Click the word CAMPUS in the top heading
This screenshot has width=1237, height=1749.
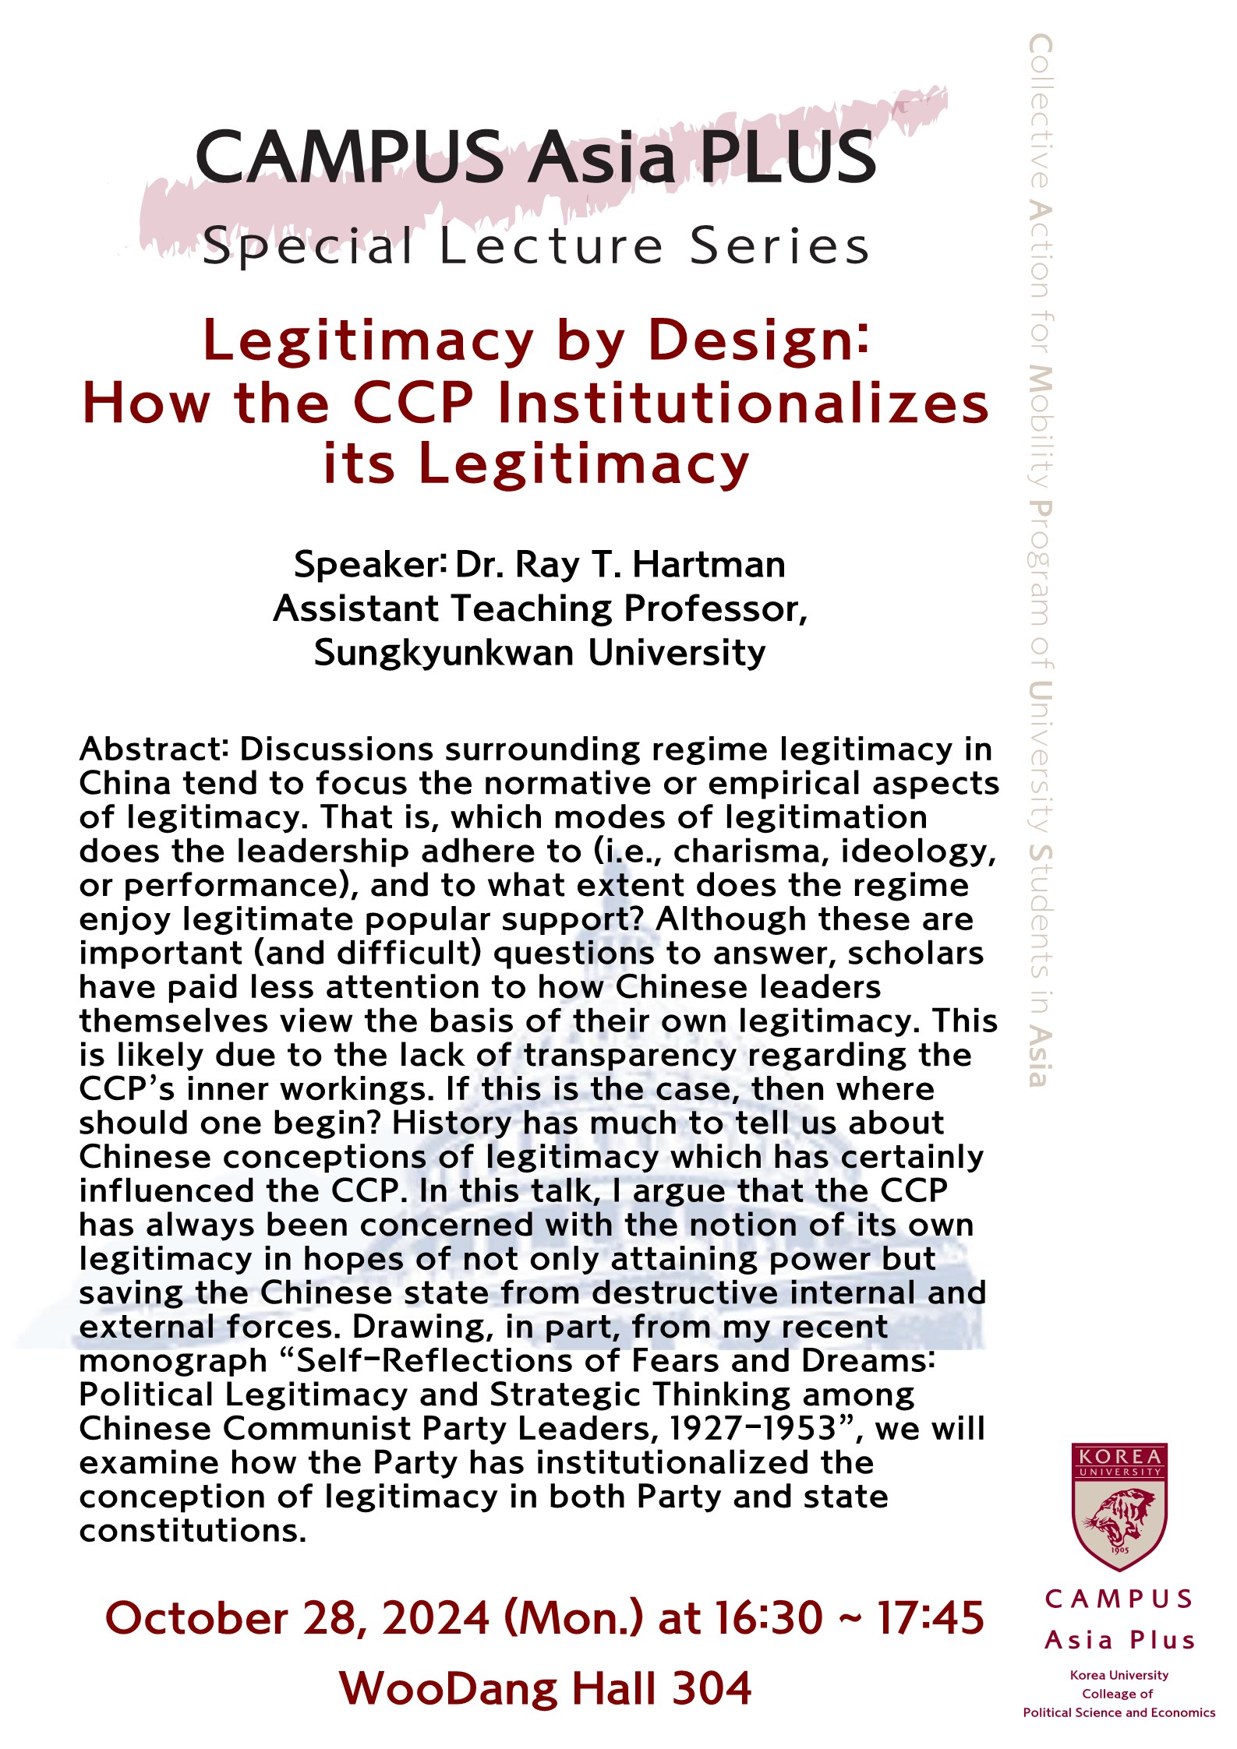coord(349,157)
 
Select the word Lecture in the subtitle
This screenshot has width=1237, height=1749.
coord(551,247)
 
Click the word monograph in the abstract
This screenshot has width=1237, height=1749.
coord(173,1360)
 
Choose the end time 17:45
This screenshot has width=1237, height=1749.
coord(931,1618)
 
